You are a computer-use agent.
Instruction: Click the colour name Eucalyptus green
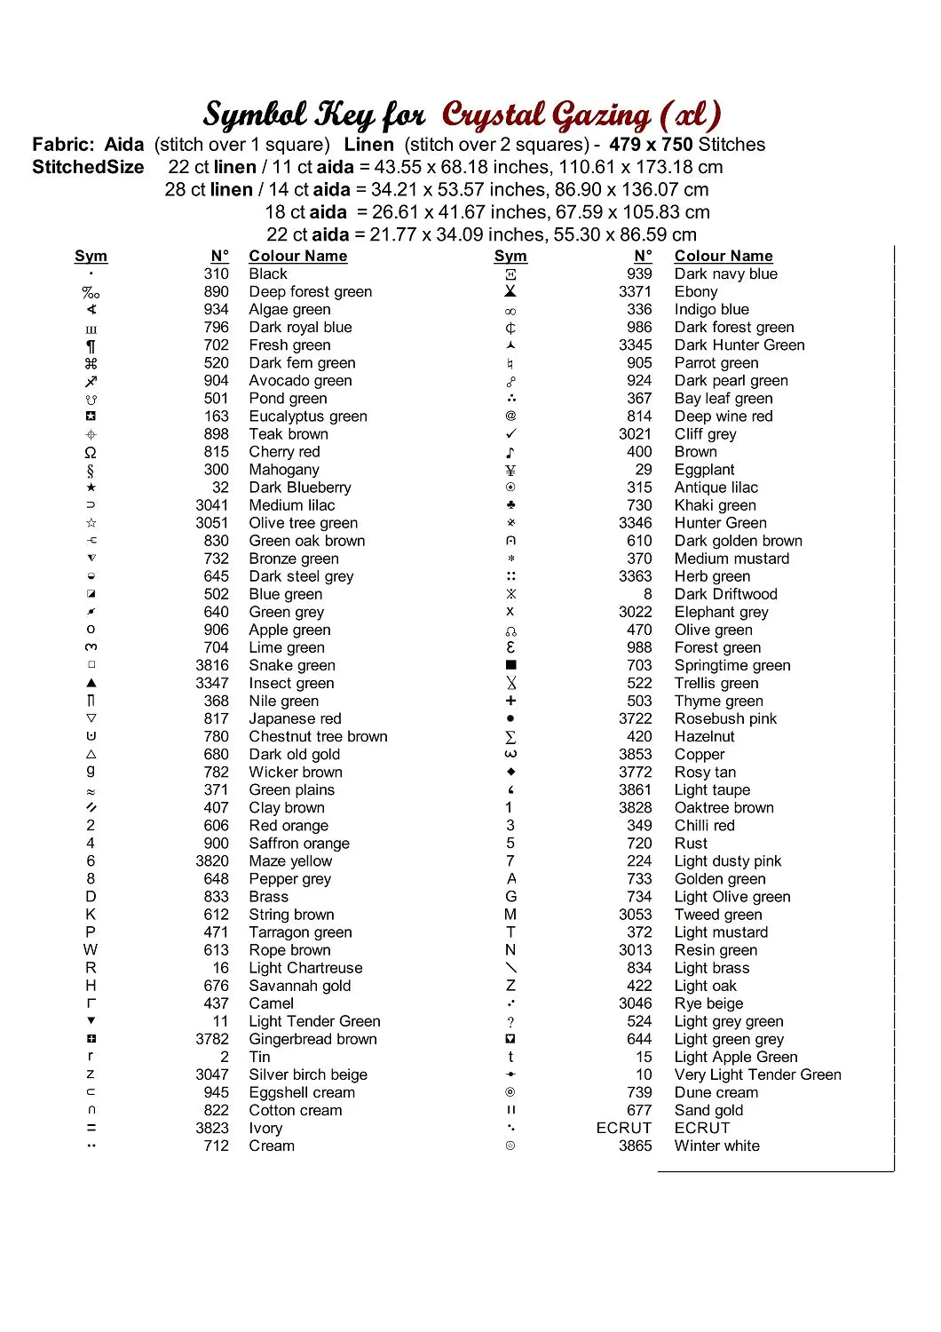[x=307, y=416]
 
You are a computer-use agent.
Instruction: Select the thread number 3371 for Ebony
[x=635, y=292]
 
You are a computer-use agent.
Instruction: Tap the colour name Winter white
[x=716, y=1146]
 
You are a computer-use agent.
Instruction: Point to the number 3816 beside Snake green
[x=212, y=665]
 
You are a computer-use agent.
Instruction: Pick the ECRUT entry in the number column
[x=623, y=1128]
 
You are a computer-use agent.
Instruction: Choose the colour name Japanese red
[x=295, y=718]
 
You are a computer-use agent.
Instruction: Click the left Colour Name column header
[x=297, y=256]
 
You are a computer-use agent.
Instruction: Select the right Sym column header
[x=510, y=256]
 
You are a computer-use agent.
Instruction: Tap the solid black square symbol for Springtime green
[x=510, y=665]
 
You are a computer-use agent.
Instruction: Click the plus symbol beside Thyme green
[x=510, y=701]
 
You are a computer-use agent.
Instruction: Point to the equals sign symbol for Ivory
[x=91, y=1128]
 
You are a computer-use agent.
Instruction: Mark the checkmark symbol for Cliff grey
[x=510, y=434]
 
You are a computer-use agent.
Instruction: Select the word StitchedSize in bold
[x=88, y=167]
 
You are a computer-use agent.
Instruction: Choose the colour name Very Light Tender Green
[x=757, y=1074]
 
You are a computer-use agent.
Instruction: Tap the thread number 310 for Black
[x=216, y=274]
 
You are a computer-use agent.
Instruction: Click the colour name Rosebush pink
[x=725, y=718]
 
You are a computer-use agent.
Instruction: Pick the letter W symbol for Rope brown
[x=91, y=950]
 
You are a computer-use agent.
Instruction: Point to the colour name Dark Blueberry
[x=299, y=488]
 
